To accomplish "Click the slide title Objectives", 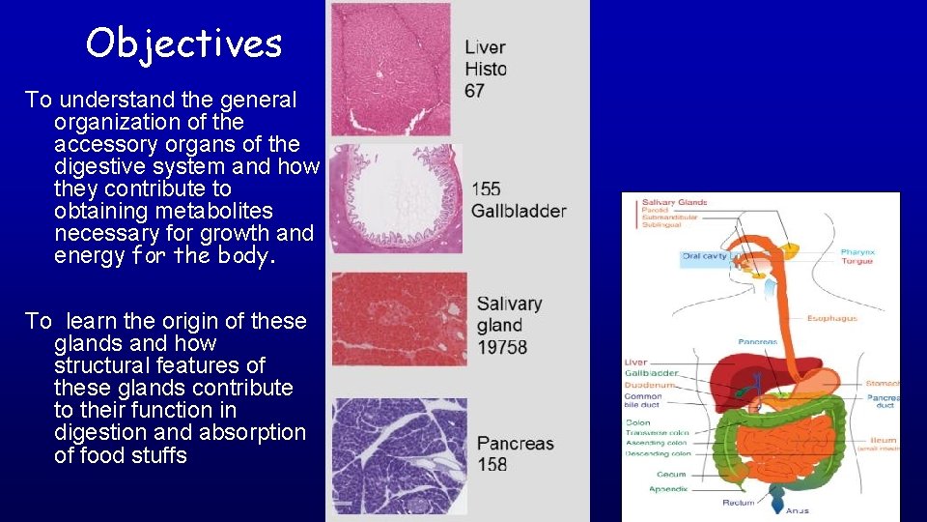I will [183, 43].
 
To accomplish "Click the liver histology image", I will [390, 69].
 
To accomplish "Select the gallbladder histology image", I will [395, 198].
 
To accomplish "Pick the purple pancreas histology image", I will [399, 455].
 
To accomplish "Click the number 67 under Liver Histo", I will [475, 91].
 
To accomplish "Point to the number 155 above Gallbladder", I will [487, 189].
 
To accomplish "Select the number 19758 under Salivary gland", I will [502, 346].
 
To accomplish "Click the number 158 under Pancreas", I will [492, 465].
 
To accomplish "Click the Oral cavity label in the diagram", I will [705, 256].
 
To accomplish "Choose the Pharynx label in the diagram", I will [857, 252].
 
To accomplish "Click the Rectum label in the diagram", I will [739, 503].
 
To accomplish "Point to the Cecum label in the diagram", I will [670, 475].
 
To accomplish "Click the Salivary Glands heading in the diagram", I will [674, 202].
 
